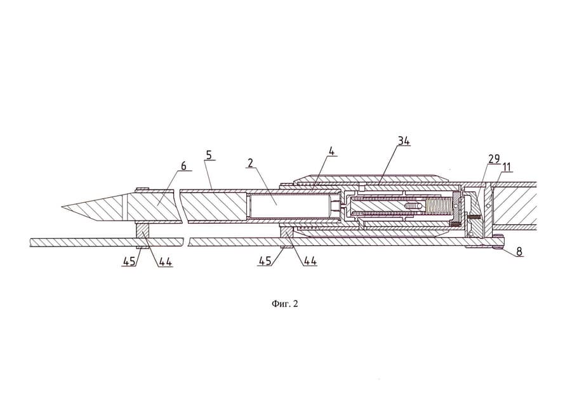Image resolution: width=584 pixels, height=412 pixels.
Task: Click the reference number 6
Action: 183,165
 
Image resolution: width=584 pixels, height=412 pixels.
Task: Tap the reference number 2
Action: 251,163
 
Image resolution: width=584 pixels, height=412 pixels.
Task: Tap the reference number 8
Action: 519,252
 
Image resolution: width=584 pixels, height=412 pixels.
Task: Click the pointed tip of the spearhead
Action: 63,207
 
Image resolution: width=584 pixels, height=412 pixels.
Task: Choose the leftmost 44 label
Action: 164,261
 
